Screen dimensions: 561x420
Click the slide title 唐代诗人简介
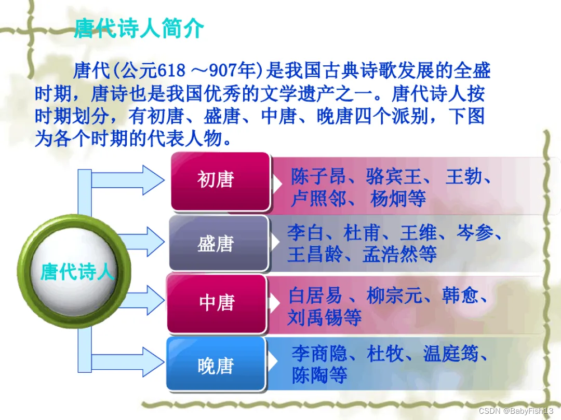coord(139,28)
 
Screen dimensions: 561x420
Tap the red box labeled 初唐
coord(220,181)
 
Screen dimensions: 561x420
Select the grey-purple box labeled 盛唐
coord(219,243)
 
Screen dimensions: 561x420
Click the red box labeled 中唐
coord(217,303)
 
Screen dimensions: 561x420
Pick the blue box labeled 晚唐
coord(216,364)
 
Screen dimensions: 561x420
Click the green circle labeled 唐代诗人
coord(74,271)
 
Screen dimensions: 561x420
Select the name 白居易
coord(315,296)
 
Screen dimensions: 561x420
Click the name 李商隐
coord(319,354)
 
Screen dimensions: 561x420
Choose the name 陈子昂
coord(318,176)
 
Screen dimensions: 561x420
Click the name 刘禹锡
coord(315,317)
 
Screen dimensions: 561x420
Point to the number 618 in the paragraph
coord(171,71)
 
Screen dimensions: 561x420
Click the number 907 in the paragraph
coord(222,71)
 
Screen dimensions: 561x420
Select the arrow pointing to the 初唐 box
coord(128,180)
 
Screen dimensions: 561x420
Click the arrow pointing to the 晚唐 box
coord(128,361)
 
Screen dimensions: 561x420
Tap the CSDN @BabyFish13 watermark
coord(516,411)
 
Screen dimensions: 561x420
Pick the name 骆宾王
coord(393,176)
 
